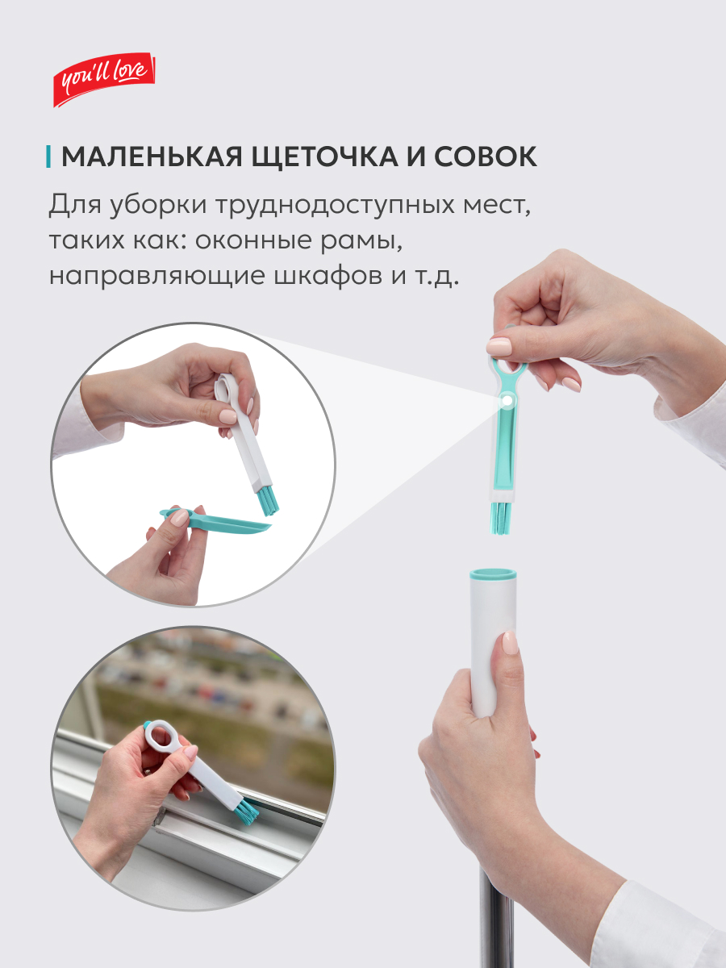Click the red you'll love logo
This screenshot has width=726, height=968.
(104, 79)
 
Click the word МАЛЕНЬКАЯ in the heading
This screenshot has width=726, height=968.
(152, 156)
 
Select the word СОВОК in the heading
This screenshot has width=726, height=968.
(486, 156)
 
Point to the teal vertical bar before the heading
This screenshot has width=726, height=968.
(48, 156)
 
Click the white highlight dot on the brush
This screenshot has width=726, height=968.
(508, 400)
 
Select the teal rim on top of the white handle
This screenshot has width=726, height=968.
(493, 574)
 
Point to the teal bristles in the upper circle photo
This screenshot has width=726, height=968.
(268, 503)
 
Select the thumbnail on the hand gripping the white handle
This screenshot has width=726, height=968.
(510, 643)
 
